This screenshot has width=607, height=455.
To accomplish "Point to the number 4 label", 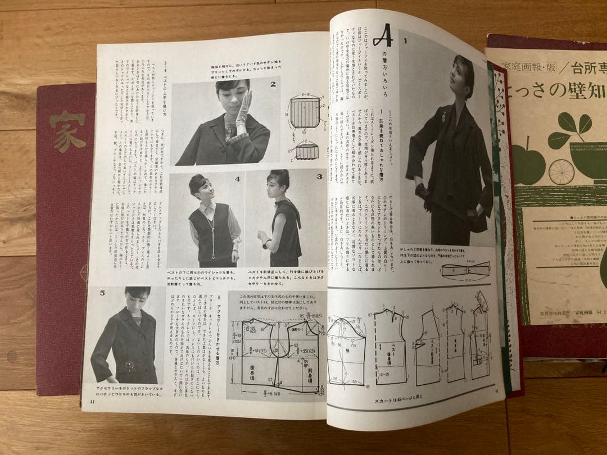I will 237,180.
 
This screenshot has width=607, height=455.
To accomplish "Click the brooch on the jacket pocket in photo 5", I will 130,365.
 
